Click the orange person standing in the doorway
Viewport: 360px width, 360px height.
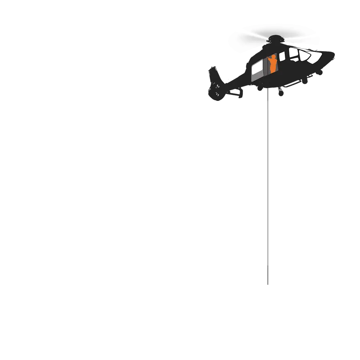point(273,64)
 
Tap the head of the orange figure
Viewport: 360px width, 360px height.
point(273,57)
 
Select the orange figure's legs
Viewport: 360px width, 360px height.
point(273,68)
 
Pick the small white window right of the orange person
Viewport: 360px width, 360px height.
point(282,56)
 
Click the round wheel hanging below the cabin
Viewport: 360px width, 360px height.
point(281,93)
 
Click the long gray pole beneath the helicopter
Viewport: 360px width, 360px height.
point(267,180)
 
